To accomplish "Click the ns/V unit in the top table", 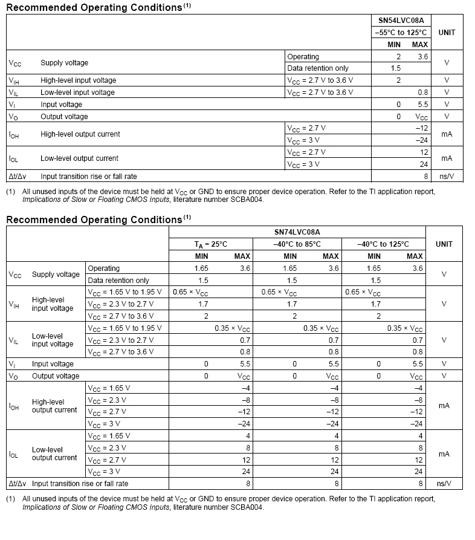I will [x=447, y=176].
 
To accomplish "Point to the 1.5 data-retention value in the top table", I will [x=395, y=68].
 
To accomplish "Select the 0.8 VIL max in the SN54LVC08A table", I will [x=422, y=93].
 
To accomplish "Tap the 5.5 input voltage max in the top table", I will [x=422, y=105].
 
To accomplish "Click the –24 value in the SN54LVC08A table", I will [x=422, y=140].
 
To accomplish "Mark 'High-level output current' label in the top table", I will [x=80, y=134].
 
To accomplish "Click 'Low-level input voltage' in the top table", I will [x=77, y=93].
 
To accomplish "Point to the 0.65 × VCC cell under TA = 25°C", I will [x=190, y=293].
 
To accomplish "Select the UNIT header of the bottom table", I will [x=444, y=244].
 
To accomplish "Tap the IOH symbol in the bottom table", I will [x=15, y=406].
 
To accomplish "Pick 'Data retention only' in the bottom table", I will [x=118, y=281].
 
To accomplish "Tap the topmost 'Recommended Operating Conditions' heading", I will [x=94, y=8].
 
